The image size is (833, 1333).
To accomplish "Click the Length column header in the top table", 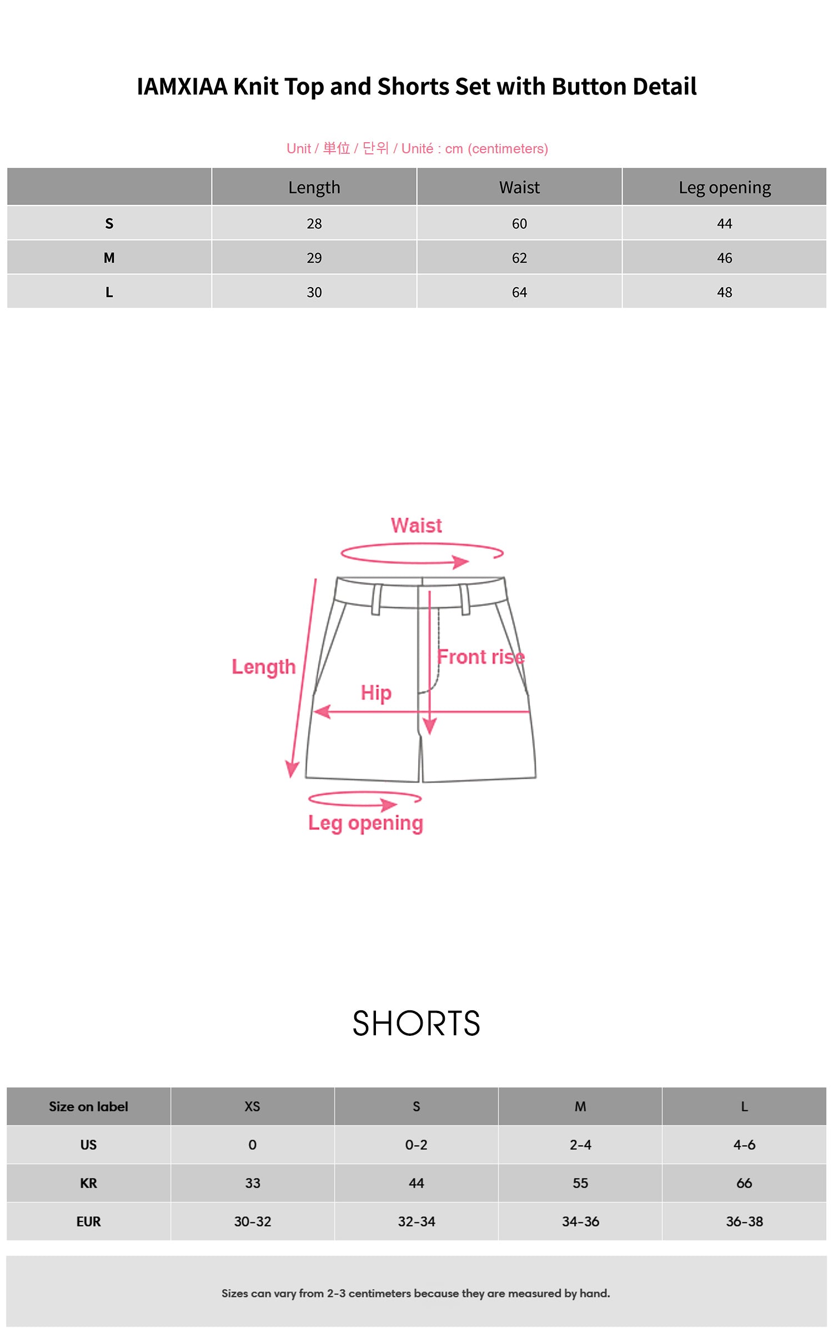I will [314, 188].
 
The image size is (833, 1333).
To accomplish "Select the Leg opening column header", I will [724, 188].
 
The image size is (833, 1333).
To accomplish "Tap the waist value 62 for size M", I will [519, 258].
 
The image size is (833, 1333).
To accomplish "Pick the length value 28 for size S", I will [314, 223].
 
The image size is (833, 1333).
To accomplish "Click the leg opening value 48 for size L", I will [724, 292].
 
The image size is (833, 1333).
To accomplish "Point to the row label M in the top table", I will [109, 258].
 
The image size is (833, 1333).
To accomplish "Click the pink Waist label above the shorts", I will [416, 525].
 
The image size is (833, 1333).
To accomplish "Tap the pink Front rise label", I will [480, 657].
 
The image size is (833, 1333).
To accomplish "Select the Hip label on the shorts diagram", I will [376, 693].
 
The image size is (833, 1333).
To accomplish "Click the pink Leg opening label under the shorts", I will [365, 823].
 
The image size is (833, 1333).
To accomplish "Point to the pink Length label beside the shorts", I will [263, 666].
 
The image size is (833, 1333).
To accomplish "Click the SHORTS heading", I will [416, 1024].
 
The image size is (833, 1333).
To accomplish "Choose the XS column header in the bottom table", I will [252, 1106].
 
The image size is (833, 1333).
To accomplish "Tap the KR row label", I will [88, 1183].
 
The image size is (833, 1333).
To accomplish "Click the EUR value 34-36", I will [580, 1221].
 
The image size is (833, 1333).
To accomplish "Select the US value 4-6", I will [744, 1145].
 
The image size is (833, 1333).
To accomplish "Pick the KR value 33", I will [252, 1183].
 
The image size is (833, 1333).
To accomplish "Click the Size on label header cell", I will [88, 1106].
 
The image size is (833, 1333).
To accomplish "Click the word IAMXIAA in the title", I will [182, 87].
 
